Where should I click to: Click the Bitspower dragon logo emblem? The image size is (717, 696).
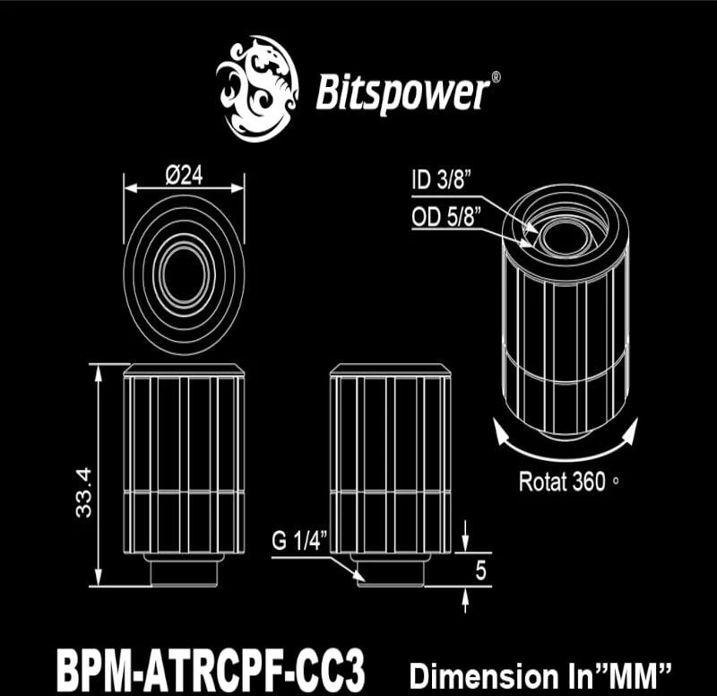(257, 88)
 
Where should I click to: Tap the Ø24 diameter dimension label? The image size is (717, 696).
(185, 175)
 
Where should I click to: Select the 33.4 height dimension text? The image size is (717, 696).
(84, 492)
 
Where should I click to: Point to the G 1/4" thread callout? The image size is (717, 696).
(299, 542)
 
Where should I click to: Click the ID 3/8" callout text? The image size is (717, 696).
(441, 179)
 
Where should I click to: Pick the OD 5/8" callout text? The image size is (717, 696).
(446, 216)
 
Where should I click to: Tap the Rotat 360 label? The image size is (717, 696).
(563, 482)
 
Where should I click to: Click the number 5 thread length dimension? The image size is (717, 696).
(480, 570)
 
